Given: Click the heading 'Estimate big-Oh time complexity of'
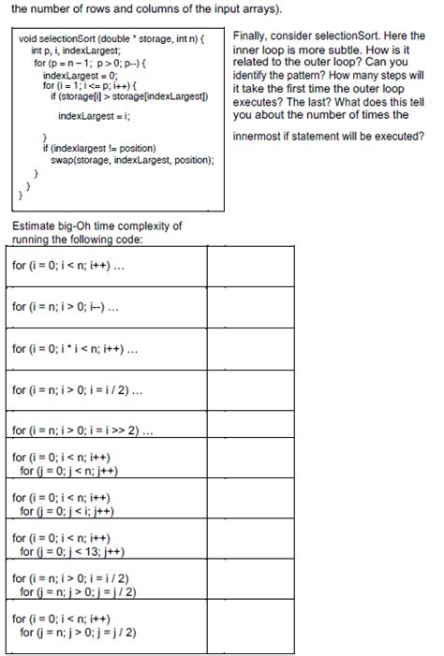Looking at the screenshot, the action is tap(97, 226).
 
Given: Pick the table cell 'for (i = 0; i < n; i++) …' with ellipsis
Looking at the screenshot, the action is tap(75, 265).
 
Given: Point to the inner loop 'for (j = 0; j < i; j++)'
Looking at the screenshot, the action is tap(69, 511).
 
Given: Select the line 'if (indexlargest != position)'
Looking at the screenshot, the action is tap(99, 149).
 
